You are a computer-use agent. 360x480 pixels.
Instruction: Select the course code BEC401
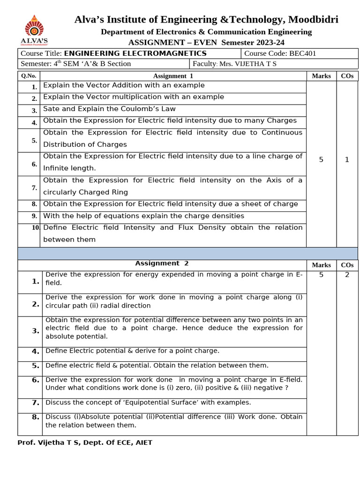tap(303, 53)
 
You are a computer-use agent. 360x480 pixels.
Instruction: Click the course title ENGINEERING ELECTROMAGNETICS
tap(135, 53)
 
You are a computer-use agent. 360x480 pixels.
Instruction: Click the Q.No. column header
tap(29, 76)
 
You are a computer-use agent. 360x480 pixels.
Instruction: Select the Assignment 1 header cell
tap(173, 76)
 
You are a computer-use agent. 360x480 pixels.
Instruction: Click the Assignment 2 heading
tap(162, 263)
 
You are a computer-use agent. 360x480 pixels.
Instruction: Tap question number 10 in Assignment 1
tap(36, 228)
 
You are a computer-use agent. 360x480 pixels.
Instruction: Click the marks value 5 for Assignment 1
tap(321, 160)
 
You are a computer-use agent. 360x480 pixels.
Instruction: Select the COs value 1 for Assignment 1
tap(347, 160)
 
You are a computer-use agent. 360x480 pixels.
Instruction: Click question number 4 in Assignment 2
tap(36, 351)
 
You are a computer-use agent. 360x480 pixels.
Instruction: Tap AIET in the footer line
tap(143, 442)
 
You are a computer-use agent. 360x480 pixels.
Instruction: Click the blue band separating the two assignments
tap(187, 254)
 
